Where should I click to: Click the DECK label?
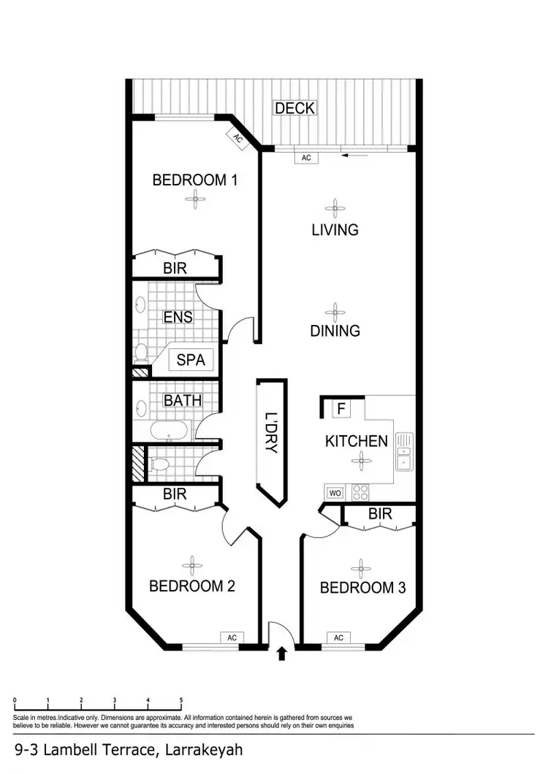click(294, 108)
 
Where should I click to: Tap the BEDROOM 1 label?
click(194, 180)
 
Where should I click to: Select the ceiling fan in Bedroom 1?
click(194, 196)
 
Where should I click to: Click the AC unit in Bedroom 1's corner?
click(238, 137)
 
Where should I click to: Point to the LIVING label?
click(335, 229)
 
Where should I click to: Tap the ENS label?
click(178, 317)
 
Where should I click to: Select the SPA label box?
click(191, 360)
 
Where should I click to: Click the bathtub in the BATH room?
click(170, 432)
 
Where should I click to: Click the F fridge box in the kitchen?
click(340, 409)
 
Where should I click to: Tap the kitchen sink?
click(404, 451)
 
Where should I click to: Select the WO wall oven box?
click(335, 492)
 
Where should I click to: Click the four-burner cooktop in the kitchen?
click(360, 492)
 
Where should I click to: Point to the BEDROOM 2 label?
click(191, 586)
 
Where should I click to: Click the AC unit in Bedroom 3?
click(338, 637)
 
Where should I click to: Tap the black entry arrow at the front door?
click(282, 654)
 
